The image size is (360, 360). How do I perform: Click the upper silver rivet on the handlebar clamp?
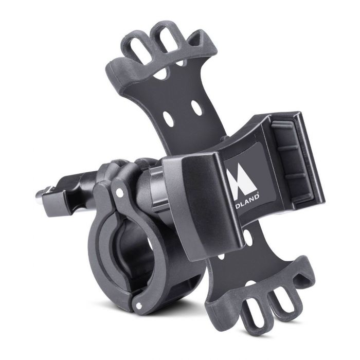pyautogui.click(x=120, y=191)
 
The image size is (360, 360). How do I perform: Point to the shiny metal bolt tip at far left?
pyautogui.click(x=40, y=194)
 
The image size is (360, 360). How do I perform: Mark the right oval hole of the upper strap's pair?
pyautogui.click(x=196, y=107)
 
